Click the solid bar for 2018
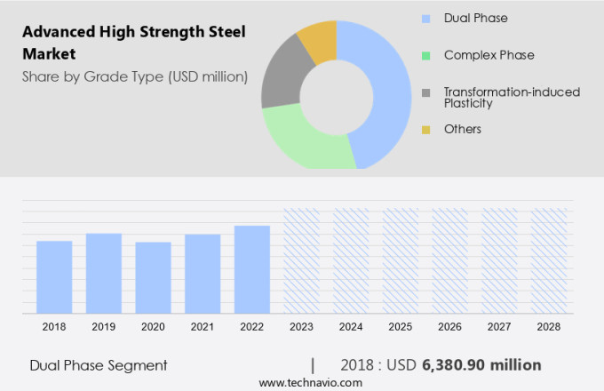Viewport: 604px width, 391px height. click(x=54, y=276)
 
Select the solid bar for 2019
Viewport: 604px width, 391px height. click(x=104, y=273)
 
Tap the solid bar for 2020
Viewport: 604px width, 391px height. click(x=153, y=277)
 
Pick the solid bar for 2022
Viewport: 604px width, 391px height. click(x=252, y=269)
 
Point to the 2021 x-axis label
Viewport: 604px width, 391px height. click(x=203, y=327)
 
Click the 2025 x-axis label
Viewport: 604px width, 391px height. click(x=401, y=327)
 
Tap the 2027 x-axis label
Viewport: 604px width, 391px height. click(x=499, y=327)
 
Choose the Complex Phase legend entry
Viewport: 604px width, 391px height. click(x=489, y=55)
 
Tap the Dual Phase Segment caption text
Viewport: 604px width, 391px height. click(x=98, y=365)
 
